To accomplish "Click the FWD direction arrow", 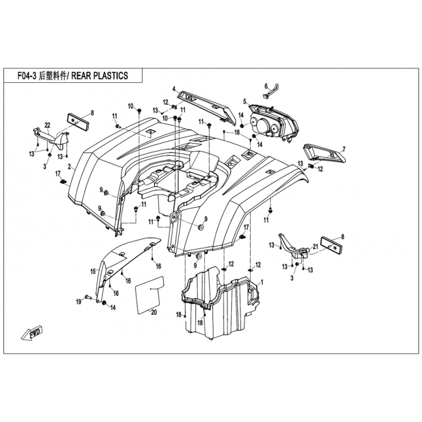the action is pyautogui.click(x=32, y=334).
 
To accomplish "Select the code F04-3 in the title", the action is pyautogui.click(x=27, y=76).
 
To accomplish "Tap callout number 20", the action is pyautogui.click(x=154, y=313).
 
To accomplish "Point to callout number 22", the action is pyautogui.click(x=47, y=125).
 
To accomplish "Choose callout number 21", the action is pyautogui.click(x=315, y=246).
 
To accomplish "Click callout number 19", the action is pyautogui.click(x=78, y=302).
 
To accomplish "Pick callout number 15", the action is pyautogui.click(x=93, y=272).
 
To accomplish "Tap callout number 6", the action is pyautogui.click(x=266, y=86).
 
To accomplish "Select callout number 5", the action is pyautogui.click(x=245, y=101).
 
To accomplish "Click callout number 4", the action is pyautogui.click(x=174, y=88).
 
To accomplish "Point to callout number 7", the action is pyautogui.click(x=344, y=149).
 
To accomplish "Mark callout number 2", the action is pyautogui.click(x=70, y=167).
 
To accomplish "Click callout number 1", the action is pyautogui.click(x=262, y=282).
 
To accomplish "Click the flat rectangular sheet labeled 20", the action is pyautogui.click(x=149, y=295).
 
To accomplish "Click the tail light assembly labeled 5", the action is pyautogui.click(x=273, y=121).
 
